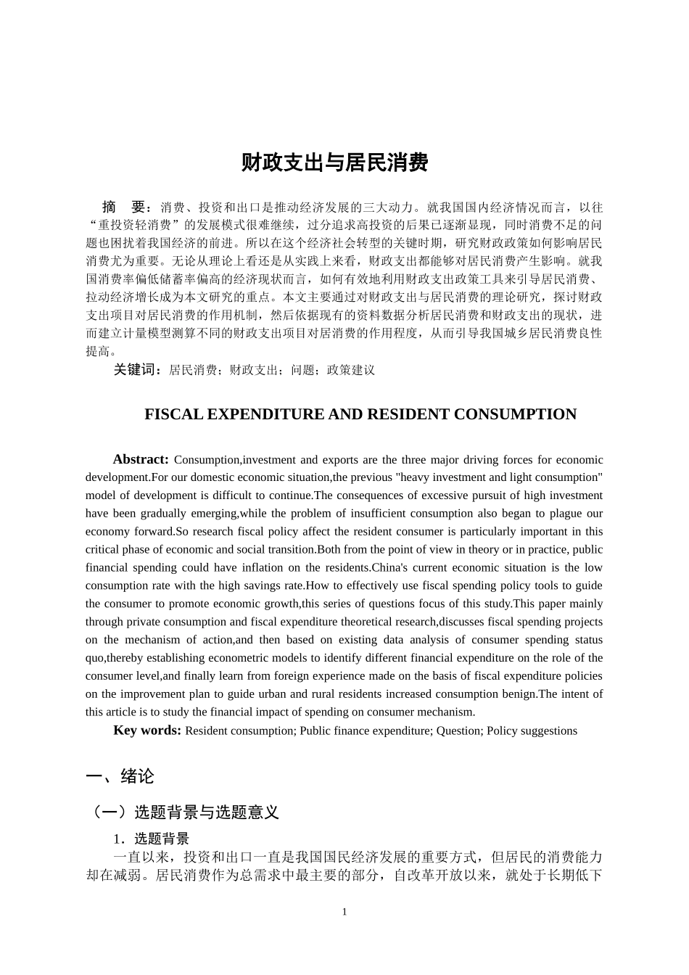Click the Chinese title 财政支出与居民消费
(334, 163)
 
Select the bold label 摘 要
(127, 207)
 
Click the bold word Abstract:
(141, 459)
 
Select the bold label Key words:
(147, 731)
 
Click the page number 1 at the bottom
(344, 912)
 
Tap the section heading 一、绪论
(120, 776)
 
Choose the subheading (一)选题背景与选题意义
(182, 812)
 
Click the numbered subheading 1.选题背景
(151, 839)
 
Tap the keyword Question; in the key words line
(459, 731)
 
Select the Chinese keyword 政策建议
(351, 370)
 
